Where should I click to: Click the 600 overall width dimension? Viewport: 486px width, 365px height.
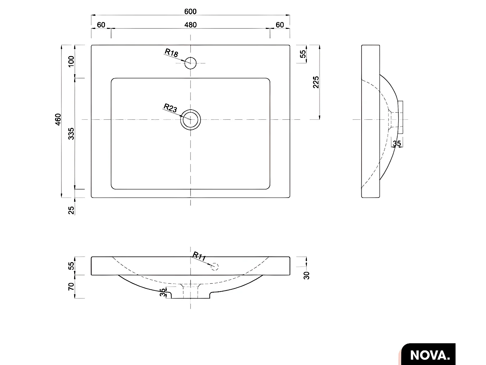(190, 11)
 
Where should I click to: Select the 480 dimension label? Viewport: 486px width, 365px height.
(190, 25)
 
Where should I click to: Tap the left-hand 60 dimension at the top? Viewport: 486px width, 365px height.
(101, 25)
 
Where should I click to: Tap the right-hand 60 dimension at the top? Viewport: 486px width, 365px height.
(280, 25)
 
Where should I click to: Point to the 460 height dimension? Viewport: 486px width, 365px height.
(58, 120)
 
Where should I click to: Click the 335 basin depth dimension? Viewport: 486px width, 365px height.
(71, 133)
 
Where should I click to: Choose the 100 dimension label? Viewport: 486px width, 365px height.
(71, 61)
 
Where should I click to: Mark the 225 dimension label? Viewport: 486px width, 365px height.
(316, 82)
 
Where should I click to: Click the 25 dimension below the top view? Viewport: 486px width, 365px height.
(71, 210)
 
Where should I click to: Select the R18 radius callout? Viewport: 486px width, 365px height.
(171, 53)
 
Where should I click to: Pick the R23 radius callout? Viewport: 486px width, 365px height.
(170, 108)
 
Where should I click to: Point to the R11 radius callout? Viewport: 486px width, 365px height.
(199, 256)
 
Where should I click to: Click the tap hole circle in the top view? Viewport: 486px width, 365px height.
(191, 63)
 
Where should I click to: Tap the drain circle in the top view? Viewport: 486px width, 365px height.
(191, 120)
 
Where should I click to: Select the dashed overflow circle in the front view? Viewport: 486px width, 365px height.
(214, 267)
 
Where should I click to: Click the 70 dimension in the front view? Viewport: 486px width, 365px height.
(71, 286)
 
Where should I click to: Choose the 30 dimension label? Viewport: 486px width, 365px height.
(307, 275)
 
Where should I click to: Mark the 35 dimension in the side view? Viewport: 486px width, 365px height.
(397, 143)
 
